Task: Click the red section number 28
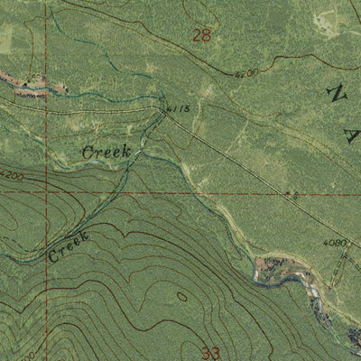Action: [x=202, y=36]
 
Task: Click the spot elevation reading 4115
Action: [x=177, y=109]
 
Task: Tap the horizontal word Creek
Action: [x=106, y=153]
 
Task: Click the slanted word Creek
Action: [x=69, y=246]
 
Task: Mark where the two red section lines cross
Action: [x=48, y=192]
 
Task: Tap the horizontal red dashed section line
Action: [x=180, y=192]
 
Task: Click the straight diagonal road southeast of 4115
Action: [x=226, y=151]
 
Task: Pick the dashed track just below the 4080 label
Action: [x=341, y=262]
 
